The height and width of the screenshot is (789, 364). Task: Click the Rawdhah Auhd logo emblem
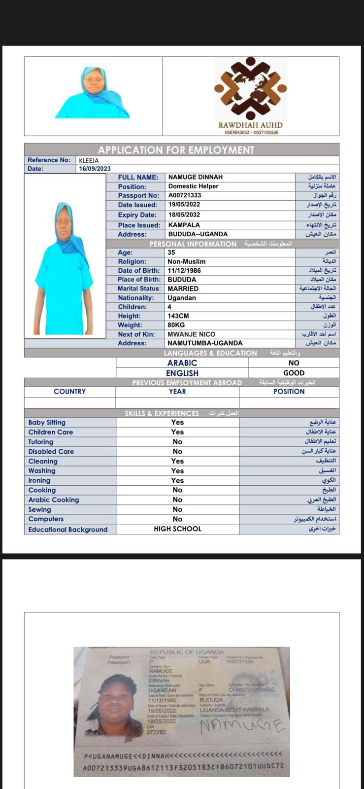(250, 89)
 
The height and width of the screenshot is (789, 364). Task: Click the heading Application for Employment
(176, 150)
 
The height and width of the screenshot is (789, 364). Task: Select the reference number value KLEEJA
(89, 160)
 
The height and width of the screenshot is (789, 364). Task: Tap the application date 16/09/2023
(95, 169)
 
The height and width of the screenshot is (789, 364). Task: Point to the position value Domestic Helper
(193, 186)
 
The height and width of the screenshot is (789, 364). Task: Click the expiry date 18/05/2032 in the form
(184, 215)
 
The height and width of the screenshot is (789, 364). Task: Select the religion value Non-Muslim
(186, 261)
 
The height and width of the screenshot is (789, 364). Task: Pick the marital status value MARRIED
(183, 288)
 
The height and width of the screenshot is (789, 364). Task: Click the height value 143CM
(178, 316)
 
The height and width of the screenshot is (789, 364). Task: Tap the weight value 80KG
(176, 325)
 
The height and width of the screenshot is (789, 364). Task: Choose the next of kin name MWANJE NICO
(191, 334)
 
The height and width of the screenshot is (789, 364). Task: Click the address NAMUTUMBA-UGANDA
(205, 343)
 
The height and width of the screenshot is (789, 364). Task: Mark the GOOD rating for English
(294, 373)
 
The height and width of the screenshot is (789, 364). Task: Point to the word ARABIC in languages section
(182, 363)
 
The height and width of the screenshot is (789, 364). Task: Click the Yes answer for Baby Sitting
(177, 423)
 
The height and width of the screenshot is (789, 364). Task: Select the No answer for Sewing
(177, 509)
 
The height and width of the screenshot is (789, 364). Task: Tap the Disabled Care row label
(51, 451)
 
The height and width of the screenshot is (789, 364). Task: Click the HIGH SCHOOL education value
(177, 529)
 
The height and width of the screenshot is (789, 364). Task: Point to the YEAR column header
(177, 392)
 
